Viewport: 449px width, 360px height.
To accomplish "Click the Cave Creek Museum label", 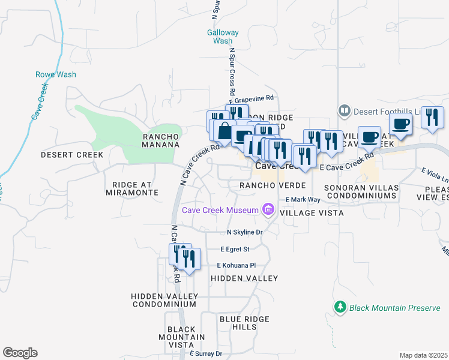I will coord(220,209).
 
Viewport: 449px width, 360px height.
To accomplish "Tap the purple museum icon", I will coord(268,209).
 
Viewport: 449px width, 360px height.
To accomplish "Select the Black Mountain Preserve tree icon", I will coord(340,307).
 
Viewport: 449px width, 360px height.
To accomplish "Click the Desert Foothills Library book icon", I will coord(344,110).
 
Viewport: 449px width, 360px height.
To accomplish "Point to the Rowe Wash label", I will coord(56,74).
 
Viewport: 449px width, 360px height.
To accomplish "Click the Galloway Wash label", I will coord(223,37).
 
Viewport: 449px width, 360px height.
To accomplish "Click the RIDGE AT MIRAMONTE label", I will coord(131,188).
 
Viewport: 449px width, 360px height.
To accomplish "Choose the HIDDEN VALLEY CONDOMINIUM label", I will coord(164,301).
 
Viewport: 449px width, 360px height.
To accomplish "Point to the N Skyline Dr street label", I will coord(245,232).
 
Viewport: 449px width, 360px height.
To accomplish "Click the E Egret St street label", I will coord(235,248).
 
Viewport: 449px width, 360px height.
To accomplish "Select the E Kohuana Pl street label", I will coord(237,265).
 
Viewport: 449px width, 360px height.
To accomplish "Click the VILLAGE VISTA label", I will coord(312,213).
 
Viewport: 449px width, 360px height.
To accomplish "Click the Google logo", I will coord(20,353).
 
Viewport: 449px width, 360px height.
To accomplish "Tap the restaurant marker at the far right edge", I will coord(432,118).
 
